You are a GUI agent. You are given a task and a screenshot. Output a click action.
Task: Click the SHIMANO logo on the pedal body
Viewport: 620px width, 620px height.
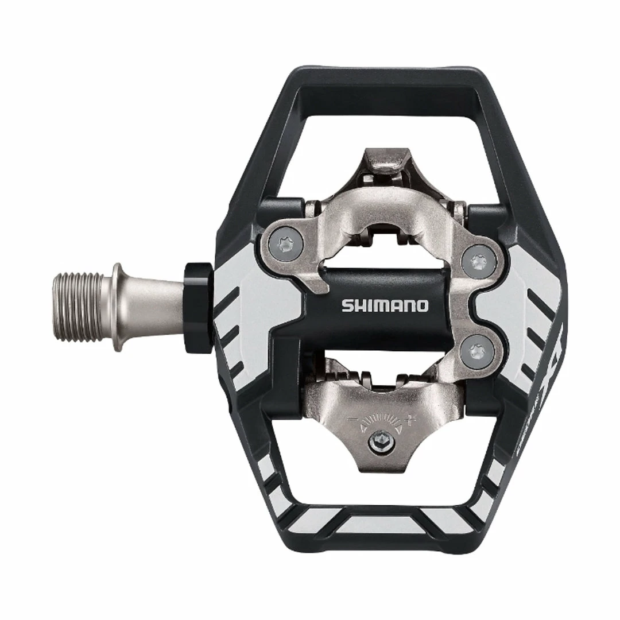(385, 305)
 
